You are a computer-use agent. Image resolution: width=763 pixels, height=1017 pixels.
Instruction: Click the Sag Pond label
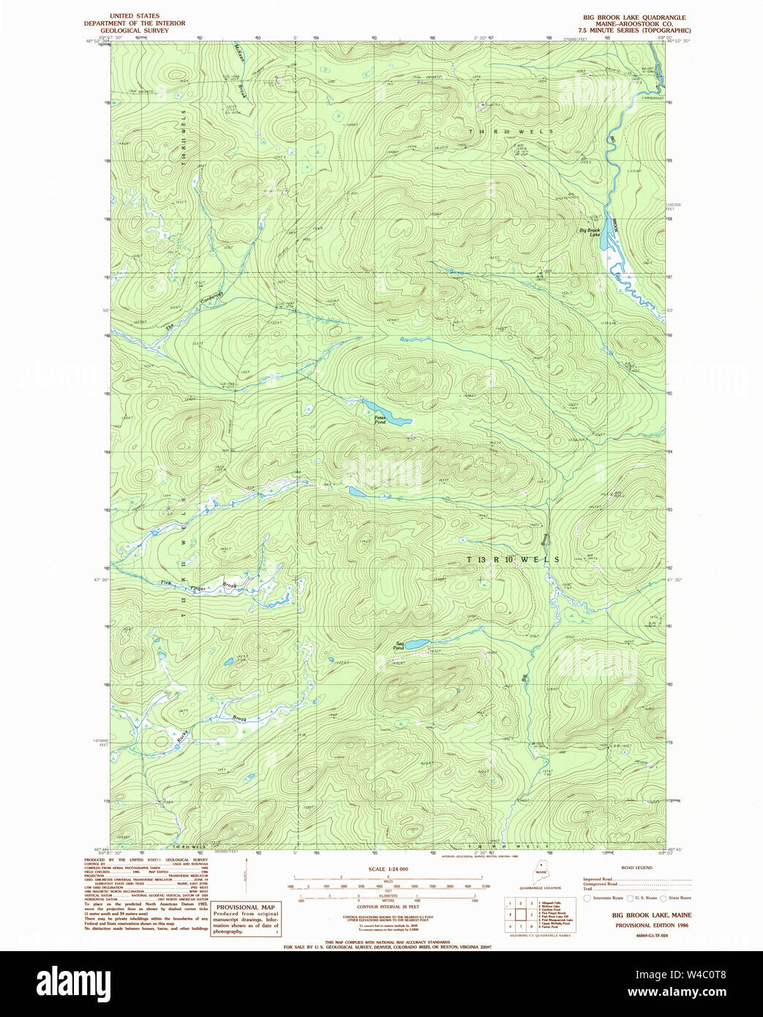pos(398,645)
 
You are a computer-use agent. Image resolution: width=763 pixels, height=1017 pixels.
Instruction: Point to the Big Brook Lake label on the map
pos(590,231)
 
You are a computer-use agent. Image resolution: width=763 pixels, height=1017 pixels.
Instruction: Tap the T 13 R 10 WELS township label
pos(513,559)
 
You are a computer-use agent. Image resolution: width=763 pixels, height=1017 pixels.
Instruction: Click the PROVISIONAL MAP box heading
pos(245,907)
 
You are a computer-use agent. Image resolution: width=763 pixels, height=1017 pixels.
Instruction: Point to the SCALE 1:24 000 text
pos(388,868)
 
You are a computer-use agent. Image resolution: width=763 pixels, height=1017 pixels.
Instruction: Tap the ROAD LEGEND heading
pos(636,867)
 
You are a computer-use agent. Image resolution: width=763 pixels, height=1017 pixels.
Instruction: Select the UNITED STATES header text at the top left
pos(135,15)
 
